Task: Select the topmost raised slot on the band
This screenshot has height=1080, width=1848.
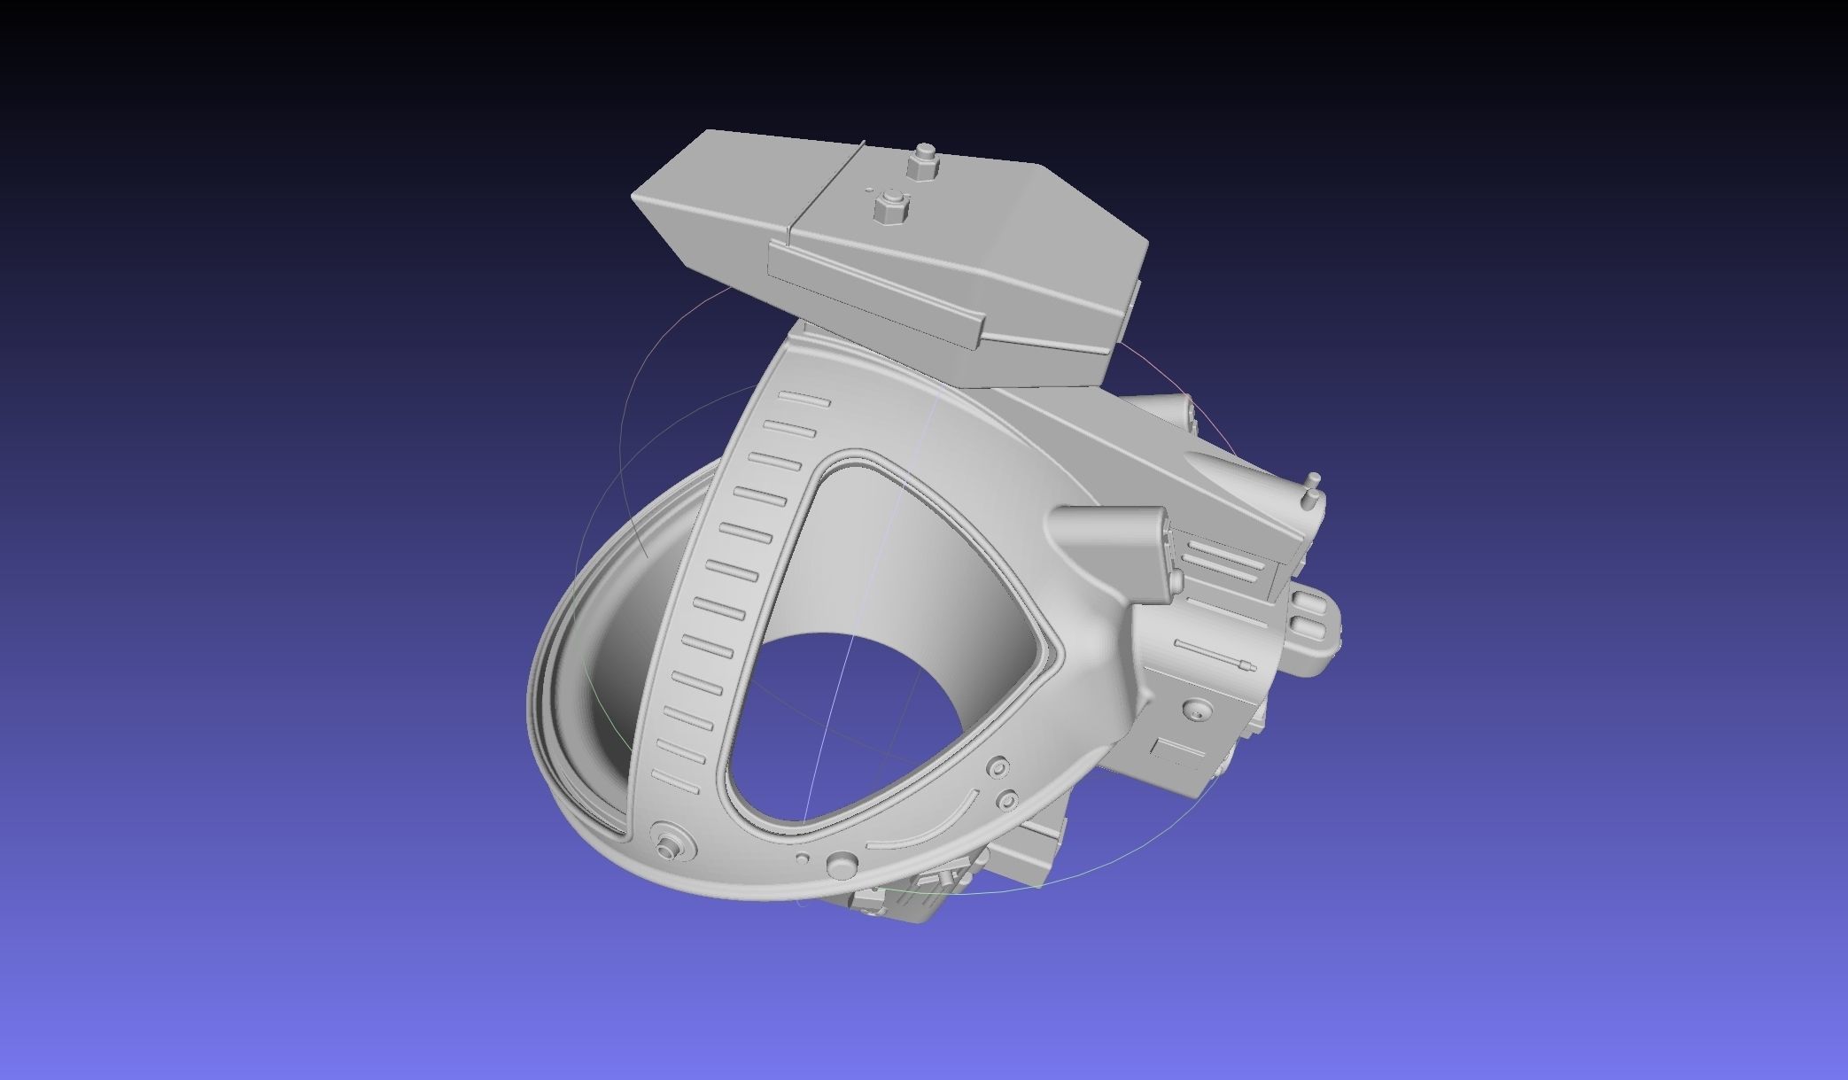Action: pos(805,400)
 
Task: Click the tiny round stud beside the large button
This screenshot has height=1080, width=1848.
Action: pos(802,859)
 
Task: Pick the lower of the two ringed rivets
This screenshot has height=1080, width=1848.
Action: pos(1007,801)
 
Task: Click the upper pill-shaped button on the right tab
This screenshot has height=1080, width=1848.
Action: pos(1306,603)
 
